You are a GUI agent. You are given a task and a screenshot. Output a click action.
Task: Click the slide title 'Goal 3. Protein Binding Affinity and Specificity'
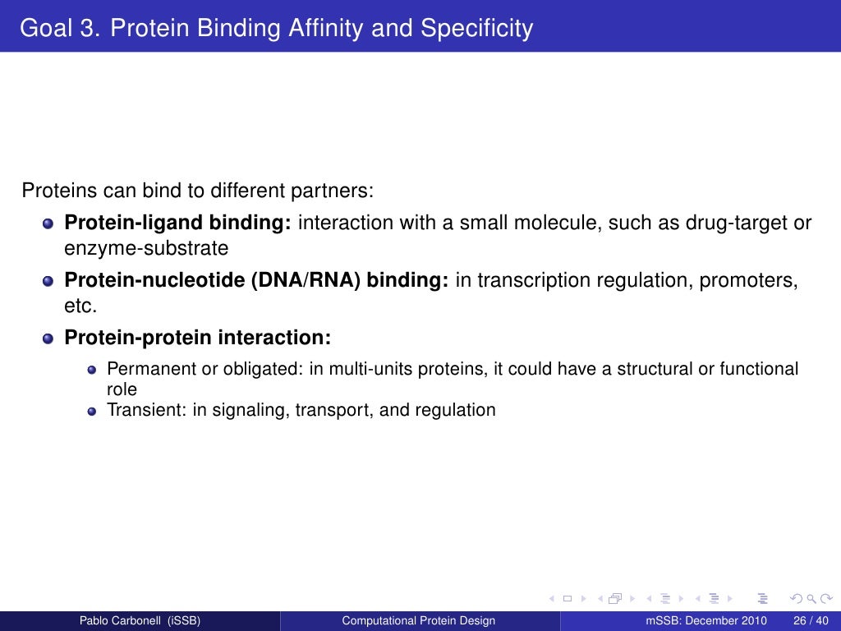[x=276, y=29]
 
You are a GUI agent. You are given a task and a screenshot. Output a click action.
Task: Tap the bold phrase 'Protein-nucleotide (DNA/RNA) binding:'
[x=256, y=281]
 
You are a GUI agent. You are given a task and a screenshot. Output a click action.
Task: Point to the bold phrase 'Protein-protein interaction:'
[x=198, y=338]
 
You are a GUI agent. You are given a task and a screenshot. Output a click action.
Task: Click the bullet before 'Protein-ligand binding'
[x=48, y=223]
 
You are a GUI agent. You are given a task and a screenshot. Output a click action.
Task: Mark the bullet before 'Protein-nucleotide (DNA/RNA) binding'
[x=48, y=282]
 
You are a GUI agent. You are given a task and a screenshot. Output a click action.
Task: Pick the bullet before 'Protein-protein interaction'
[x=48, y=339]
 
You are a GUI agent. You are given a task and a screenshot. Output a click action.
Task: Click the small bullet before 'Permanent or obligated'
[x=92, y=371]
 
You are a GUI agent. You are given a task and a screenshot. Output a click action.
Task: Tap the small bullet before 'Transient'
[x=92, y=411]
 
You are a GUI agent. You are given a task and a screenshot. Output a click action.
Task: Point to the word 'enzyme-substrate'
[x=146, y=247]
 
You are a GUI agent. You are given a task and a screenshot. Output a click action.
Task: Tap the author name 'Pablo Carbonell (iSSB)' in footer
[x=140, y=620]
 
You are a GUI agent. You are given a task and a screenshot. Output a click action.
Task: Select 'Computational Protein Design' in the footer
[x=419, y=620]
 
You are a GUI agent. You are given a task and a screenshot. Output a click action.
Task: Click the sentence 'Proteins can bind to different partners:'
[x=197, y=191]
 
